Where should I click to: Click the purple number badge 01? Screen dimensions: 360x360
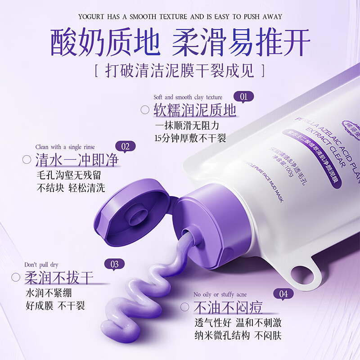pos(243,96)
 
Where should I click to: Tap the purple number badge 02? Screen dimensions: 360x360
pos(126,147)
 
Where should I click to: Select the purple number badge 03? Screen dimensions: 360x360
pos(114,264)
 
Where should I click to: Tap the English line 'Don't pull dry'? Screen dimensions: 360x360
pos(41,265)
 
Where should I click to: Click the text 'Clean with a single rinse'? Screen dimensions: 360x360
pos(65,147)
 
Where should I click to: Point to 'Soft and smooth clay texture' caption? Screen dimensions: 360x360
pos(188,97)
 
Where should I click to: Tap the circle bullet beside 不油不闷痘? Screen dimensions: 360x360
pos(184,307)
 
